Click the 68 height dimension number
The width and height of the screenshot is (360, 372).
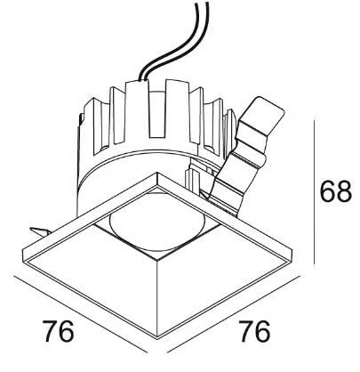point(336,191)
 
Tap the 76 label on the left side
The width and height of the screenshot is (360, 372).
point(58,331)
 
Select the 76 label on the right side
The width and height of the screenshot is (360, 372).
point(254,331)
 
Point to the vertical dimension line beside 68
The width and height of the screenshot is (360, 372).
point(315,194)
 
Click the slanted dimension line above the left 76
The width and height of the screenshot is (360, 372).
point(81,314)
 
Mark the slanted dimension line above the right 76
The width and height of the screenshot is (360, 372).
point(234,314)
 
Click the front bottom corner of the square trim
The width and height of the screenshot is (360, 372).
point(157,337)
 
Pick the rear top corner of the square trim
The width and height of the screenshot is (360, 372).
point(157,174)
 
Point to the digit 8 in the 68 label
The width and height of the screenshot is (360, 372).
point(344,191)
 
